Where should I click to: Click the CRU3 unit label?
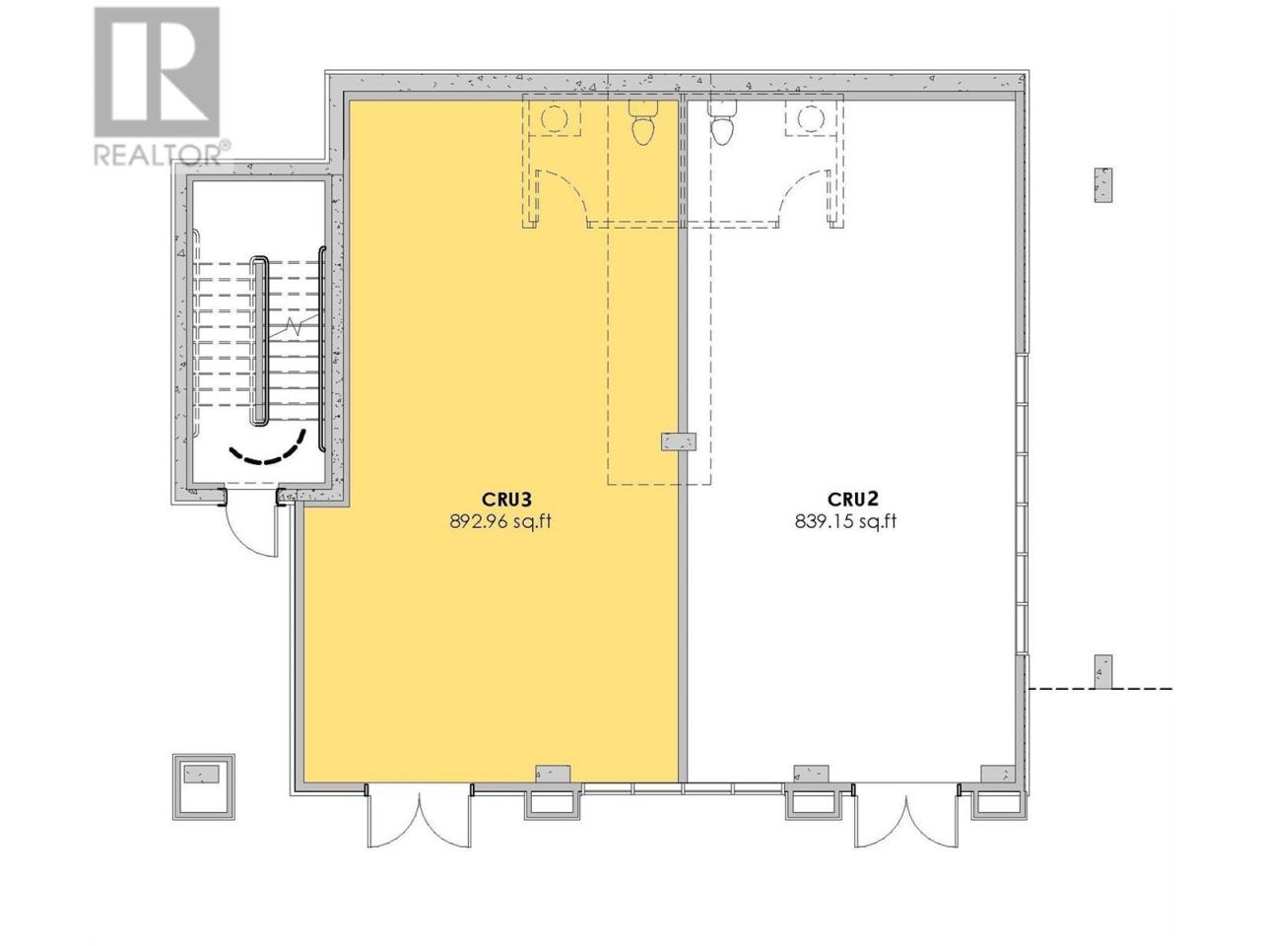pos(499,500)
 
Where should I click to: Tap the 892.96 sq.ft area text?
pos(499,521)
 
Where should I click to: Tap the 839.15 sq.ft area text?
pos(845,521)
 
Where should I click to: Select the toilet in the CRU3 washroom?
pos(643,122)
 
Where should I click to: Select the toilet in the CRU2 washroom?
pos(721,122)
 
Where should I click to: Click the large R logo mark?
pos(157,72)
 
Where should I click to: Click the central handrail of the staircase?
pos(258,341)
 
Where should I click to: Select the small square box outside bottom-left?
pos(204,786)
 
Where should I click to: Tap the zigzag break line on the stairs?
pos(296,326)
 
